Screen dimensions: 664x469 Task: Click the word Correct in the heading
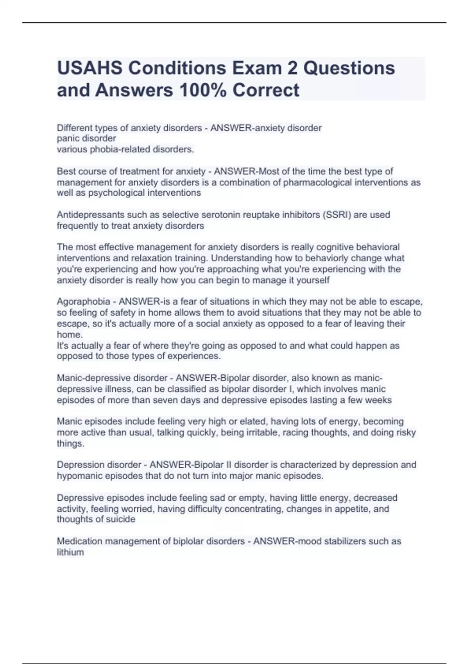pyautogui.click(x=266, y=90)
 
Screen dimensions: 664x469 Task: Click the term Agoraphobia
pyautogui.click(x=83, y=302)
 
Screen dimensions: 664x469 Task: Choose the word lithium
pyautogui.click(x=70, y=553)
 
